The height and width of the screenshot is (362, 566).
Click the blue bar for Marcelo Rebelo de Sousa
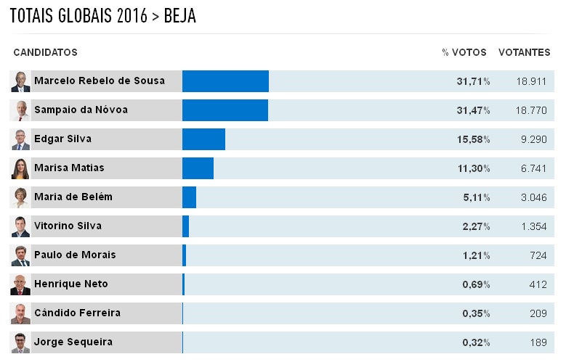pos(225,81)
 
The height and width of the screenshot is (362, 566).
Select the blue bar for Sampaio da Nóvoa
pos(225,110)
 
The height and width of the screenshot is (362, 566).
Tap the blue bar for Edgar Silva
pos(203,139)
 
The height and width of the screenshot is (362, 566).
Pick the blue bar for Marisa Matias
pos(198,168)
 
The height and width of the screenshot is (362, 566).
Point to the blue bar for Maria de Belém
pos(189,197)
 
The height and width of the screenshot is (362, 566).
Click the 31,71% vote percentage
pos(473,81)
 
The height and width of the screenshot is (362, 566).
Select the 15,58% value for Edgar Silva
pos(473,139)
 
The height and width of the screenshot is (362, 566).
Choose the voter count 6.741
pos(533,168)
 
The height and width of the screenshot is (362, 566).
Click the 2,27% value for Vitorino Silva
pos(476,226)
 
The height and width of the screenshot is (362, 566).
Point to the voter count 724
pos(538,255)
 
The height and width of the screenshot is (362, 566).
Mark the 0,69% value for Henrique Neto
pos(476,284)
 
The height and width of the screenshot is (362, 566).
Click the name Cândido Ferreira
pos(77,313)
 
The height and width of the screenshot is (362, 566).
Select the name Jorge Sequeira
pos(73,342)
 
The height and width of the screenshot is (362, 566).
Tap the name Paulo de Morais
pos(75,255)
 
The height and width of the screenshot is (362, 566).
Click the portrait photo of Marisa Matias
pos(20,168)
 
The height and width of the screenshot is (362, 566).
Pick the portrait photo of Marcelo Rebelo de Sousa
pos(20,81)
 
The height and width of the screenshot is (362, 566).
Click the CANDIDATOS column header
pos(45,53)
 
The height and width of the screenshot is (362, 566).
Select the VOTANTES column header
pos(524,53)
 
